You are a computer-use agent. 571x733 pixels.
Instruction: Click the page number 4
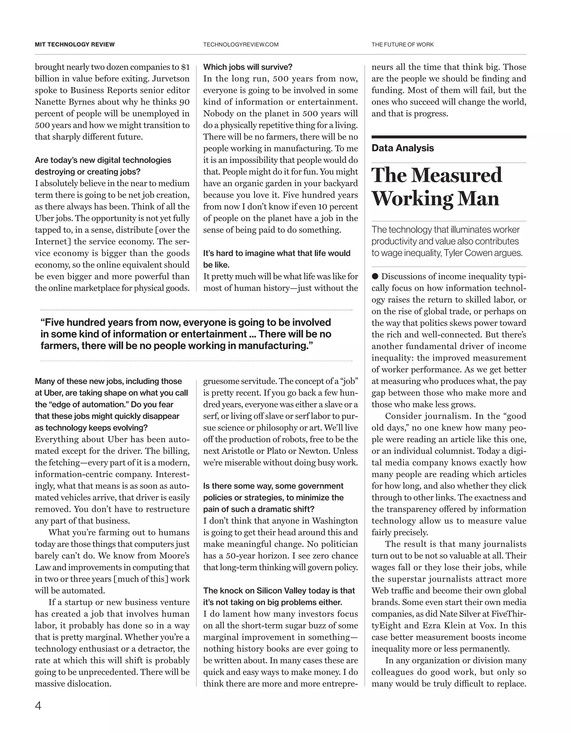coord(38,706)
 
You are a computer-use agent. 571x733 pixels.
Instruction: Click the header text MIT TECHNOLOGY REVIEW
coord(75,44)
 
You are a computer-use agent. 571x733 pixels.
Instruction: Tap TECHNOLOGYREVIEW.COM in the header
coord(241,44)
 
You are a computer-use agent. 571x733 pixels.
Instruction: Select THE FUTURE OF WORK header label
coord(402,44)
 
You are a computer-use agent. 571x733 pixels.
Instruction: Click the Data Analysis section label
coord(402,148)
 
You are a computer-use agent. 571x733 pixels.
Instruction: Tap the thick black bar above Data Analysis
coord(449,137)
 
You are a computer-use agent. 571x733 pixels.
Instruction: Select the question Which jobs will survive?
coord(248,67)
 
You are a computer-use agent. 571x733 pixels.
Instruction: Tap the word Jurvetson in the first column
coord(171,78)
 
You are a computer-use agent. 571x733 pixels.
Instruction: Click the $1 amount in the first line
coord(185,67)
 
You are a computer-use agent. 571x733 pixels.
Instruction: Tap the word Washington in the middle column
coord(335,521)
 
